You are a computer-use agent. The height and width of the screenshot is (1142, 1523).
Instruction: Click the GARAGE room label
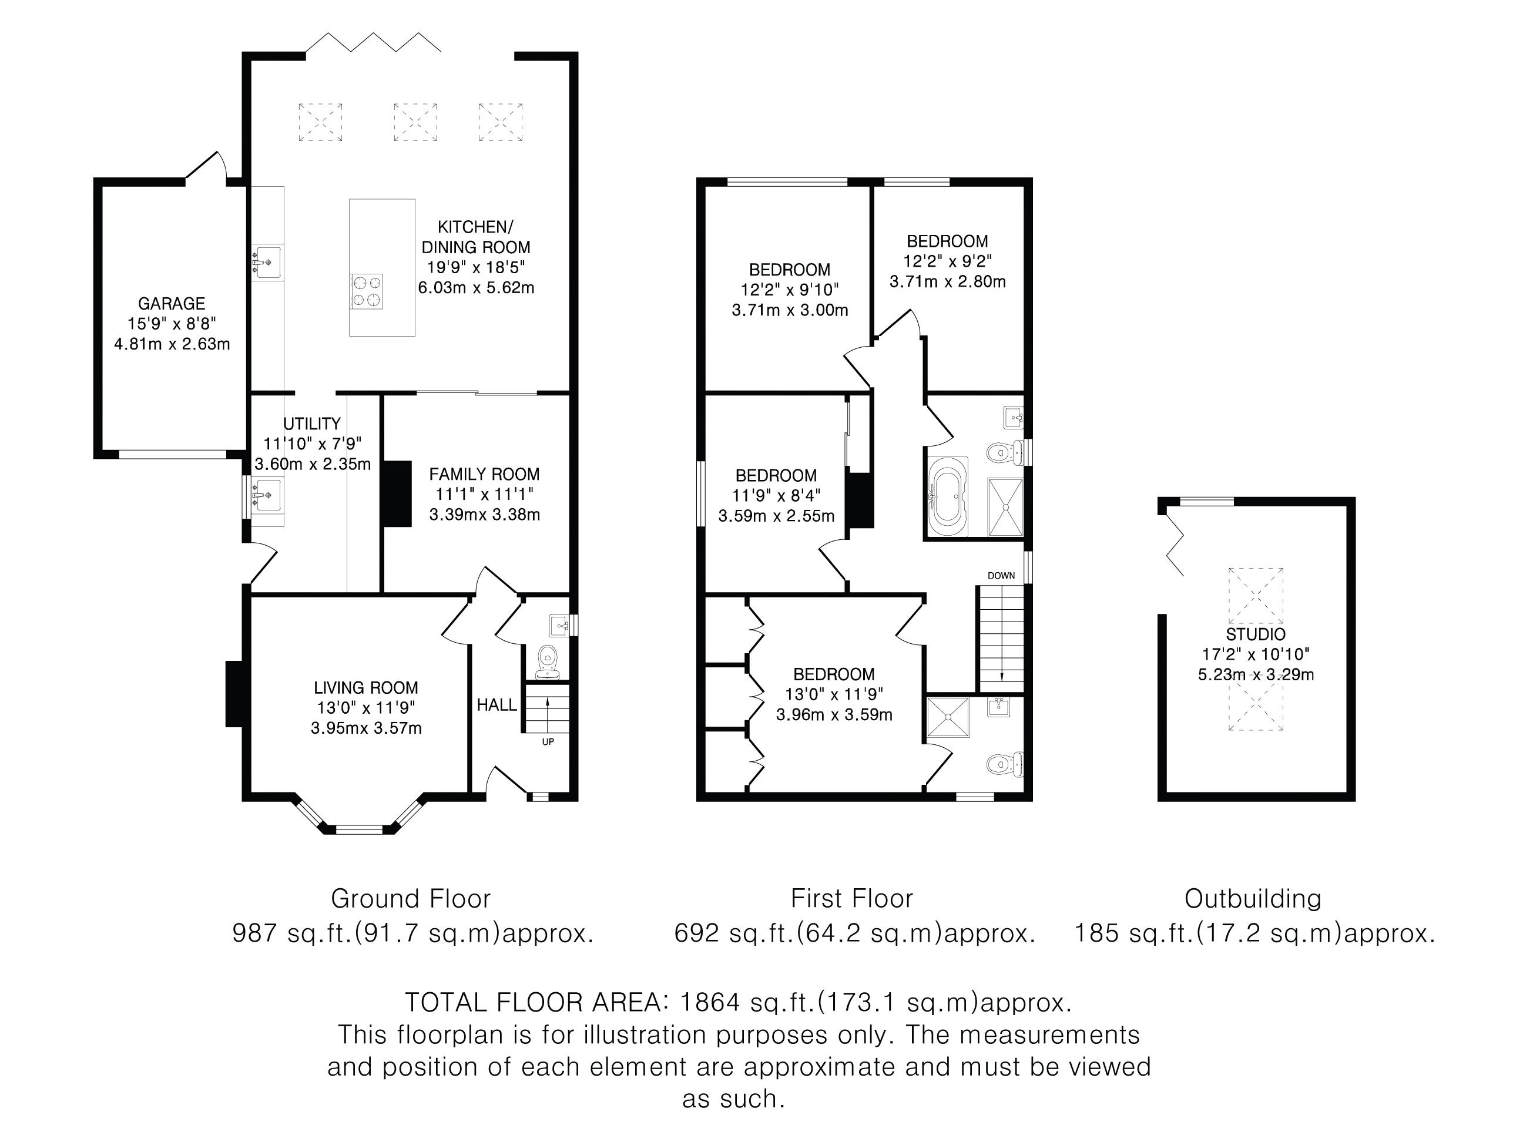point(172,304)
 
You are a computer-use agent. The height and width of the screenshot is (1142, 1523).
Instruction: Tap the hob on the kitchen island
point(366,291)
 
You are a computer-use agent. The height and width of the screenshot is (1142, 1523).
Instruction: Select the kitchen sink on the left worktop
point(266,262)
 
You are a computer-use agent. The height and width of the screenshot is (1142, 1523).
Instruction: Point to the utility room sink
point(266,494)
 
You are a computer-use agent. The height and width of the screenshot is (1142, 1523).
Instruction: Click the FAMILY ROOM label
point(484,474)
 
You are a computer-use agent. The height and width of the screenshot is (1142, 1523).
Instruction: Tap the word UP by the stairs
point(548,742)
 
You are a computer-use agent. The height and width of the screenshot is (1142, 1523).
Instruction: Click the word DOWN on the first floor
point(1001,576)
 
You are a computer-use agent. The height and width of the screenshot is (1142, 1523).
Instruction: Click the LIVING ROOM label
point(365,688)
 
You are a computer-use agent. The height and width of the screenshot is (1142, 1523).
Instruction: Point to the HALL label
point(497,705)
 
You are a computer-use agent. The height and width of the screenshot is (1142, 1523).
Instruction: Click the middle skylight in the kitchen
point(415,122)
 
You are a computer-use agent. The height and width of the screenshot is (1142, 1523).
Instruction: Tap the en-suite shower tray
point(948,717)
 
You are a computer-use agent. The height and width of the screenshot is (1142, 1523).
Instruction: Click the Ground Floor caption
point(411,899)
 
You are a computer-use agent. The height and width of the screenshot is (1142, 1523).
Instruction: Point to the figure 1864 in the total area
point(710,1002)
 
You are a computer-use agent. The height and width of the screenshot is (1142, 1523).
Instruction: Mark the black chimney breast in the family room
point(397,494)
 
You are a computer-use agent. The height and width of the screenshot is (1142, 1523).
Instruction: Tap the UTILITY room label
point(312,424)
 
